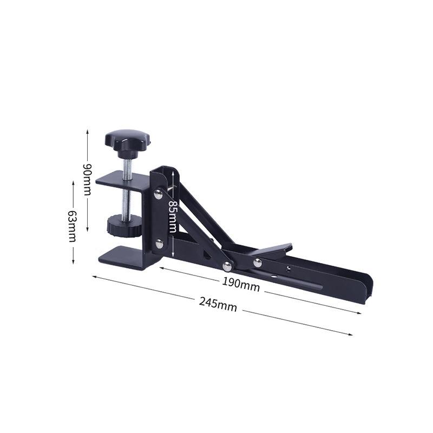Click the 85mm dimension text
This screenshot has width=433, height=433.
click(173, 216)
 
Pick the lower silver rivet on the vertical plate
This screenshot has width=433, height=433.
click(159, 244)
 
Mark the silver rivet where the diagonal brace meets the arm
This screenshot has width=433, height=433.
click(227, 266)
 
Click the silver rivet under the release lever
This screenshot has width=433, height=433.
click(258, 263)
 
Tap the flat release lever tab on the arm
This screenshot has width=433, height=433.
click(271, 250)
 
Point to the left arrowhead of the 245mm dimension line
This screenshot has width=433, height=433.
click(94, 277)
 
